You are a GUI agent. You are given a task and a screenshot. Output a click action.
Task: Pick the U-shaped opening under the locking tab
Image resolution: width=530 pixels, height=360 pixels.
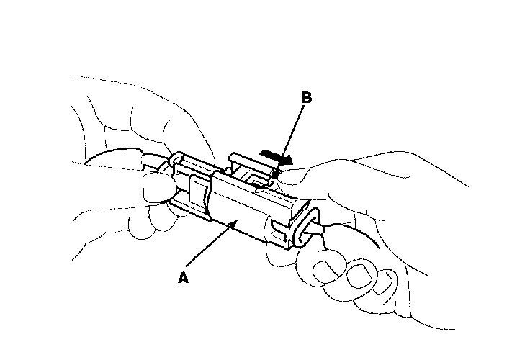255,177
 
